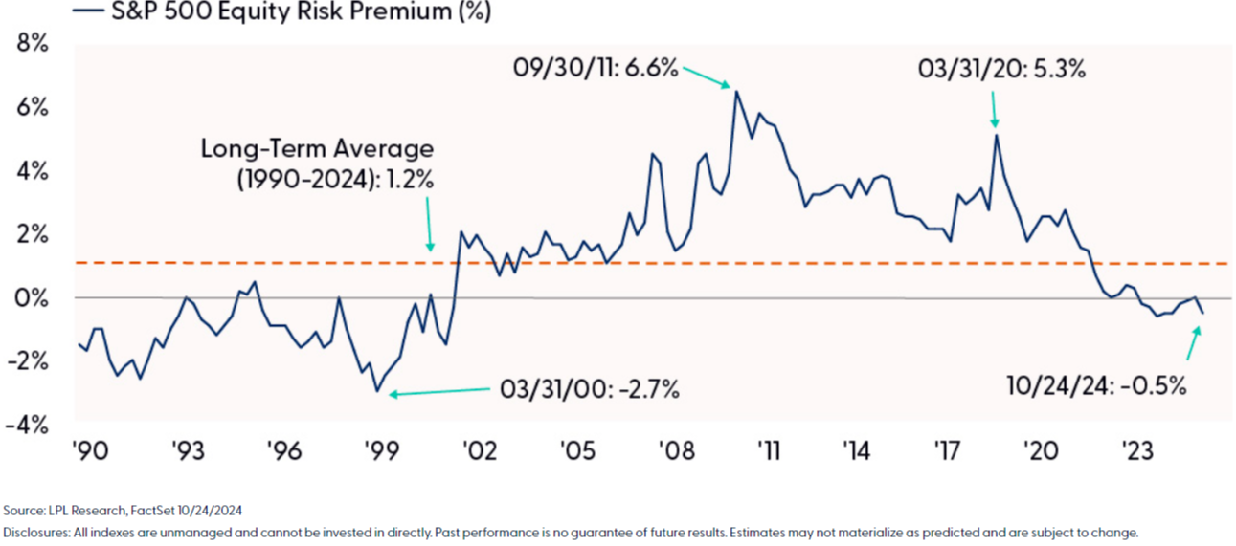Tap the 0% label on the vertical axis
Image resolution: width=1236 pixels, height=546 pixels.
[x=32, y=297]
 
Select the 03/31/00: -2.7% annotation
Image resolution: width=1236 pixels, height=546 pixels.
[x=589, y=389]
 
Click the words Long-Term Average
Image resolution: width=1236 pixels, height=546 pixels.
[x=317, y=149]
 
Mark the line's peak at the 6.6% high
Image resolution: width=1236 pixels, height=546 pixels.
[x=736, y=91]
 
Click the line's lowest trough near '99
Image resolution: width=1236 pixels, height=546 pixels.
[x=377, y=391]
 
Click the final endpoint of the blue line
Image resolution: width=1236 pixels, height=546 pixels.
[x=1202, y=313]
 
